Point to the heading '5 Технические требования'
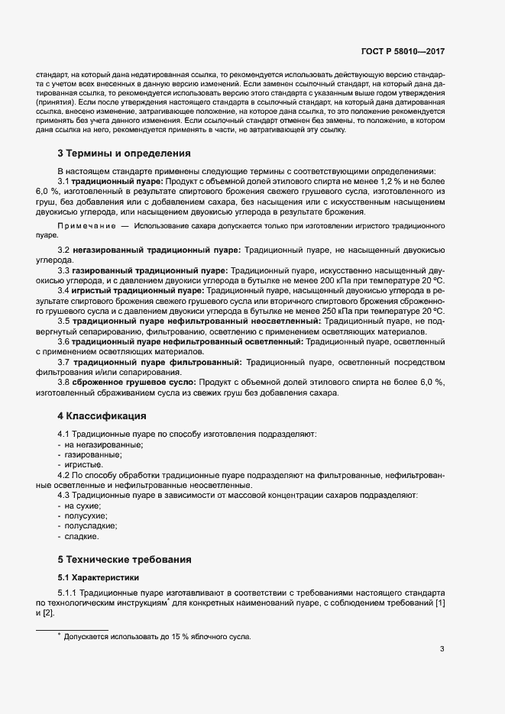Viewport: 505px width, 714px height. coord(121,559)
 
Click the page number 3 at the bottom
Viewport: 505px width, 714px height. coord(442,650)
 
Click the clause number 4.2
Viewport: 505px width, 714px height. coord(65,475)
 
